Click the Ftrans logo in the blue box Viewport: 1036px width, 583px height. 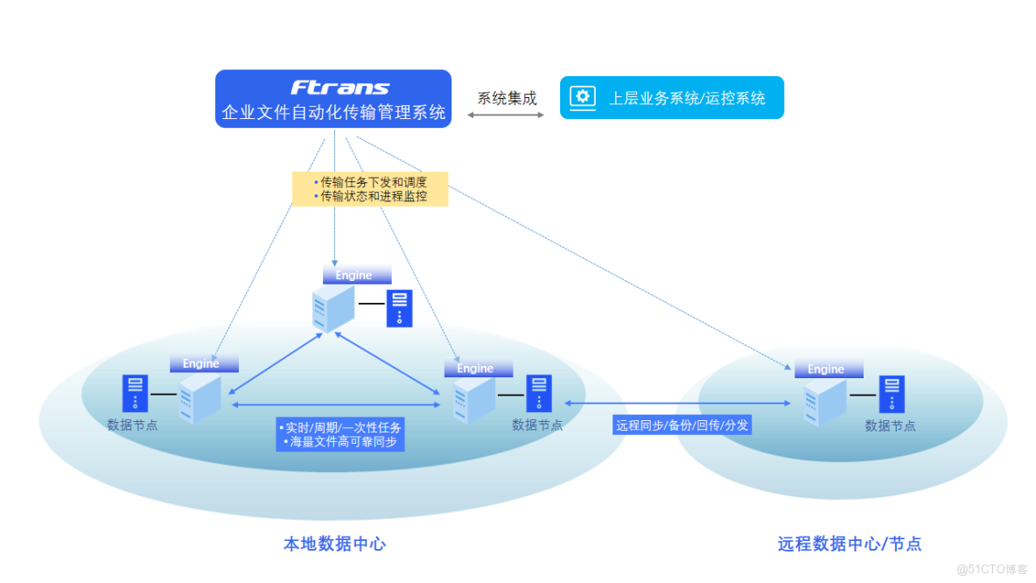pyautogui.click(x=340, y=88)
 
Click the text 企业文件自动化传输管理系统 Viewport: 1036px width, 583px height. pyautogui.click(x=333, y=113)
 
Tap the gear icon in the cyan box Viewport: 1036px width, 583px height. pyautogui.click(x=582, y=96)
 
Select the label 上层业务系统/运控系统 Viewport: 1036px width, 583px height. pyautogui.click(x=687, y=98)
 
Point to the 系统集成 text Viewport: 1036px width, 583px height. pyautogui.click(x=507, y=98)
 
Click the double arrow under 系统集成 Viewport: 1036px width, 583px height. pyautogui.click(x=507, y=114)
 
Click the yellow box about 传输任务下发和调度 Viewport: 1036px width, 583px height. pyautogui.click(x=370, y=189)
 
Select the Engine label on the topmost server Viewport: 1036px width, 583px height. pyautogui.click(x=354, y=275)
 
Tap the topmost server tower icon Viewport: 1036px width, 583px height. pyautogui.click(x=333, y=308)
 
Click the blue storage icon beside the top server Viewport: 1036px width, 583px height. pyautogui.click(x=399, y=308)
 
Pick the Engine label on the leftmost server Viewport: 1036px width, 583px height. pyautogui.click(x=201, y=363)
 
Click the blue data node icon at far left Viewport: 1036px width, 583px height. pyautogui.click(x=135, y=393)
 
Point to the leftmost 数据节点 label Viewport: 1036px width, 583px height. pyautogui.click(x=132, y=425)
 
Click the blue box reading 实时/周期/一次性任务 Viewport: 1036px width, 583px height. pyautogui.click(x=340, y=434)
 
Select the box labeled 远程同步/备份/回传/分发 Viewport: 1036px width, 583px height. pyautogui.click(x=682, y=425)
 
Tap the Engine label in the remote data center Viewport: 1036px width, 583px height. pyautogui.click(x=825, y=369)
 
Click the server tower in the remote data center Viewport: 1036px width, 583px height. pyautogui.click(x=825, y=402)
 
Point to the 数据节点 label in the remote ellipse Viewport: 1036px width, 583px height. pyautogui.click(x=890, y=425)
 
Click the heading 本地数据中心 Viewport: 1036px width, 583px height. pyautogui.click(x=334, y=544)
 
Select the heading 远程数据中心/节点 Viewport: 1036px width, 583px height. pyautogui.click(x=849, y=544)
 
